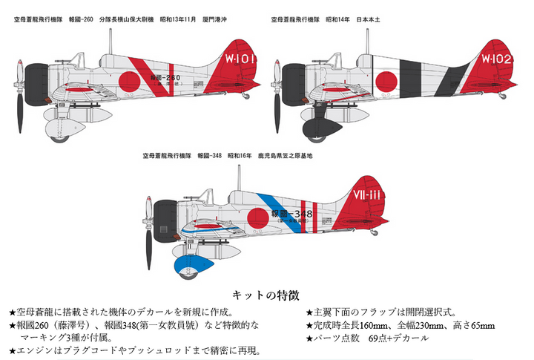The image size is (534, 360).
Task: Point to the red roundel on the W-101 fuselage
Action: (131, 76)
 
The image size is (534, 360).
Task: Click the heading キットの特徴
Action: (266, 295)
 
